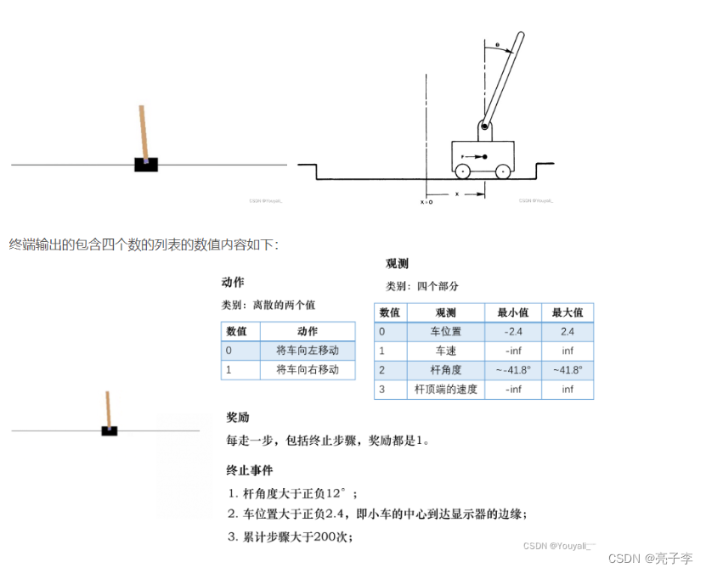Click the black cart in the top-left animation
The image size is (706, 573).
146,165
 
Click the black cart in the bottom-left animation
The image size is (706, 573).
109,430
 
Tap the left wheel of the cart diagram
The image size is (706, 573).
462,171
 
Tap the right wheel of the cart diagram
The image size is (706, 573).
503,171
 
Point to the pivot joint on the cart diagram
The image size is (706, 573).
483,127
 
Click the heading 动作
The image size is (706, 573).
233,283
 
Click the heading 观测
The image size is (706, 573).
397,265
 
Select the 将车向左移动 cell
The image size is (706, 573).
307,351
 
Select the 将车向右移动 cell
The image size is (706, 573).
307,370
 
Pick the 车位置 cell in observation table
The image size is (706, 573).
446,332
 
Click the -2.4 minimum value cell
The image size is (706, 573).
513,332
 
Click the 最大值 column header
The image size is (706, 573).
568,312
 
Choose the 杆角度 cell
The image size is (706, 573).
446,370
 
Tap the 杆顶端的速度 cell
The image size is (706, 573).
446,390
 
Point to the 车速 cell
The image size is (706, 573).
446,351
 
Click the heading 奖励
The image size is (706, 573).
238,418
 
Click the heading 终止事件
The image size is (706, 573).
250,470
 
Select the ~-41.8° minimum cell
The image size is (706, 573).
513,370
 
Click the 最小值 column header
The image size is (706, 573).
513,312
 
